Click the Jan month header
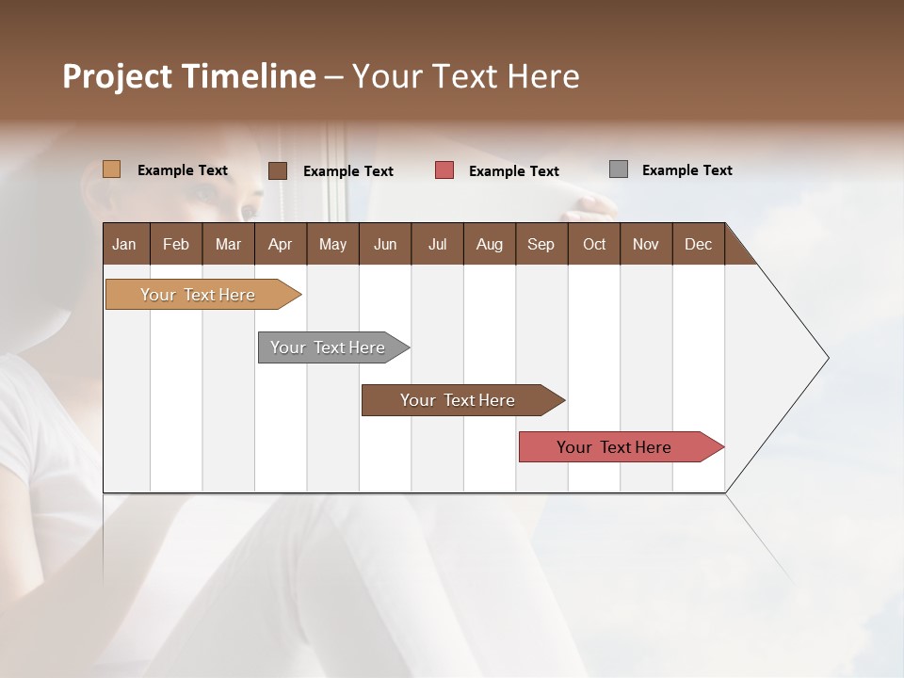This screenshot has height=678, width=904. pos(125,244)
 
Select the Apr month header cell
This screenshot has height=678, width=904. pos(281,244)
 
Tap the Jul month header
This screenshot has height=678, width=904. pos(437,244)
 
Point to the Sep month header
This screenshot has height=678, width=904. pos(541,244)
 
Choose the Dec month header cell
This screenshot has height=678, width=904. pos(698,244)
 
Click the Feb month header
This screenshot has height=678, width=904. pos(176,244)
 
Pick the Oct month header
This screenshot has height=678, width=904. pos(594,244)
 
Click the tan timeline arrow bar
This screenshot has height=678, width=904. pos(198,295)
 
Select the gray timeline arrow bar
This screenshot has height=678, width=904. pos(328,347)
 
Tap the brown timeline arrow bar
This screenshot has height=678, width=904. pos(458,400)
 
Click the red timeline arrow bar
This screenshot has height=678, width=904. pos(614,447)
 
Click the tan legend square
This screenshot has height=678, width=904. pos(111,169)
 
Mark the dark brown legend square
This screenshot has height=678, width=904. pos(277,170)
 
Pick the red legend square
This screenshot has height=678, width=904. pos(444,170)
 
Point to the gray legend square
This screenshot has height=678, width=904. pos(618,169)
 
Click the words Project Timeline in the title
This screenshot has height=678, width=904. pos(188,76)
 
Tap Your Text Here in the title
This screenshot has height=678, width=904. pos(465,76)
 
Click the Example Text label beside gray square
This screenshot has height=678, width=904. pos(686,170)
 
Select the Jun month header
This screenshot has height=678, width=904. pos(385,244)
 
